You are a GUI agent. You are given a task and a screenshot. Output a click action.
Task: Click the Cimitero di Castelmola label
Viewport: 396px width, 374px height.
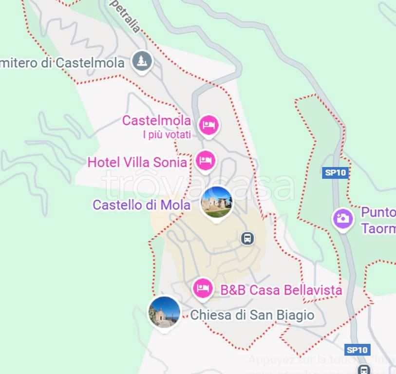(x=62, y=63)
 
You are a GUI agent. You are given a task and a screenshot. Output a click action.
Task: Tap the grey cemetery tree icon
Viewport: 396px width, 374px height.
(x=142, y=61)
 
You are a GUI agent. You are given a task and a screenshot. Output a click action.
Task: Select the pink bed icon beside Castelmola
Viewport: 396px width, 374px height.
(x=209, y=125)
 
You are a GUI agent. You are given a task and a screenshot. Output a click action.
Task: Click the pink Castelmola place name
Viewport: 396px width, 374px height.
(x=156, y=120)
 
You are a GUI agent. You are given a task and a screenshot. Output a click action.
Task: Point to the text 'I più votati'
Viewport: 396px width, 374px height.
(x=167, y=134)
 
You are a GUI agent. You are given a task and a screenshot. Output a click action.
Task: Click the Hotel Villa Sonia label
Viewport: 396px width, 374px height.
(x=137, y=162)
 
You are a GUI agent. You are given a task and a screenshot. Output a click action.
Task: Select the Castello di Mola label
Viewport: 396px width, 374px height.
(x=141, y=205)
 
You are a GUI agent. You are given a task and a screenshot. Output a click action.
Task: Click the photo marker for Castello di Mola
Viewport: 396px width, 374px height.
(x=216, y=202)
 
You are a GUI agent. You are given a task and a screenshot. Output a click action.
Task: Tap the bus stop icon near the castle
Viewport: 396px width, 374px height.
(x=248, y=238)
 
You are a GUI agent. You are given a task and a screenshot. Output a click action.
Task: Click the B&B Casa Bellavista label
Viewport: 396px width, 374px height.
(x=281, y=290)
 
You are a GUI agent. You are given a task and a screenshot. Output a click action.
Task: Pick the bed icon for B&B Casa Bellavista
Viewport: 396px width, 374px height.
(x=203, y=288)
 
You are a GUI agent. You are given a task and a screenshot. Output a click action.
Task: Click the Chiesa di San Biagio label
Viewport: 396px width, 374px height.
(x=252, y=315)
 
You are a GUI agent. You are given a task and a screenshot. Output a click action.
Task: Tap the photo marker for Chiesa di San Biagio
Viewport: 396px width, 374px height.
(x=164, y=312)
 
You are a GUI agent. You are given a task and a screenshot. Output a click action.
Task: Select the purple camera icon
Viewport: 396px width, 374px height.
(x=343, y=218)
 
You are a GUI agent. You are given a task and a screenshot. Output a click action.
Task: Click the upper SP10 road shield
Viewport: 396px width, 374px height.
(x=336, y=172)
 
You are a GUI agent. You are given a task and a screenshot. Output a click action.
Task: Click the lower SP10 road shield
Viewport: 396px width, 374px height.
(x=358, y=350)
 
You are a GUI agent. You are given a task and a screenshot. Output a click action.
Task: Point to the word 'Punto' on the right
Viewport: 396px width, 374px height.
(x=377, y=213)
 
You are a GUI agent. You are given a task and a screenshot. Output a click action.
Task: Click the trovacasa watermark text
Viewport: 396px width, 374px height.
(x=198, y=186)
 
